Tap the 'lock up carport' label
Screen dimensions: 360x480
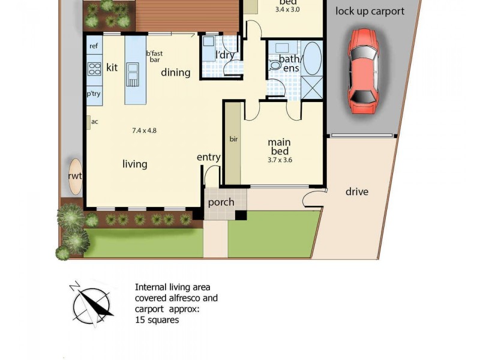(370, 11)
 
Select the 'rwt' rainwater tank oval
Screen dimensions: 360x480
(75, 176)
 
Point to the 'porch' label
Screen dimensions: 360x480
(221, 202)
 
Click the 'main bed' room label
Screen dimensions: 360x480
(279, 146)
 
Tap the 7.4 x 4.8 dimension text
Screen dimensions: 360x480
(144, 130)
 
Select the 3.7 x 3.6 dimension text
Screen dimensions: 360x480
(280, 160)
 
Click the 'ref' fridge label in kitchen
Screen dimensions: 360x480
(94, 46)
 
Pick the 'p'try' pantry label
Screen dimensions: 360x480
(94, 94)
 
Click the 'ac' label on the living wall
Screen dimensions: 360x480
(94, 122)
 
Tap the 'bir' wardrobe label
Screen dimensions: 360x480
(233, 139)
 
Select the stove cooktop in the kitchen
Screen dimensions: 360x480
(94, 68)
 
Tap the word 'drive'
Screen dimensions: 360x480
(357, 192)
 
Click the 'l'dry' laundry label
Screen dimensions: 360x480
(225, 55)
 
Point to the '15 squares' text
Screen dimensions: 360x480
(157, 320)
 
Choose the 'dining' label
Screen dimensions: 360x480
(175, 73)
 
